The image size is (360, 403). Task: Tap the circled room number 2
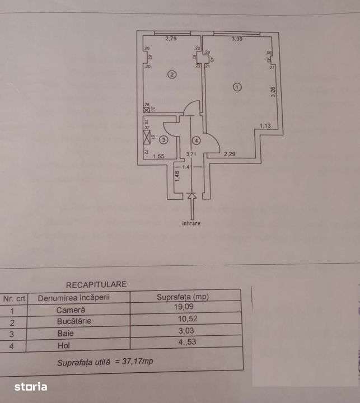pyautogui.click(x=172, y=74)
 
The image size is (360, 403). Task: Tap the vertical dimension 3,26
pyautogui.click(x=273, y=92)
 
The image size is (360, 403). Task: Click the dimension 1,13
pyautogui.click(x=265, y=126)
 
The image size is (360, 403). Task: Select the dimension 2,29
pyautogui.click(x=230, y=154)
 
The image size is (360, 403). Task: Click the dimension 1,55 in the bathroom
pyautogui.click(x=158, y=157)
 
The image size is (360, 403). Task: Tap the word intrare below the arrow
pyautogui.click(x=191, y=223)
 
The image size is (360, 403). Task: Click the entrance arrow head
pyautogui.click(x=192, y=196)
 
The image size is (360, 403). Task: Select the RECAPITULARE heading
pyautogui.click(x=96, y=284)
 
